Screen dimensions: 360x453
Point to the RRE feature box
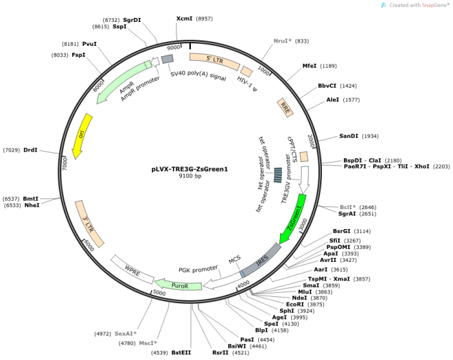286,108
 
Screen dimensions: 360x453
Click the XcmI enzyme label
184,19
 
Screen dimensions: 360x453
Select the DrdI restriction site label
30,149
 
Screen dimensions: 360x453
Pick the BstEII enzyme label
181,352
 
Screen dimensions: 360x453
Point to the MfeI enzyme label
310,66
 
